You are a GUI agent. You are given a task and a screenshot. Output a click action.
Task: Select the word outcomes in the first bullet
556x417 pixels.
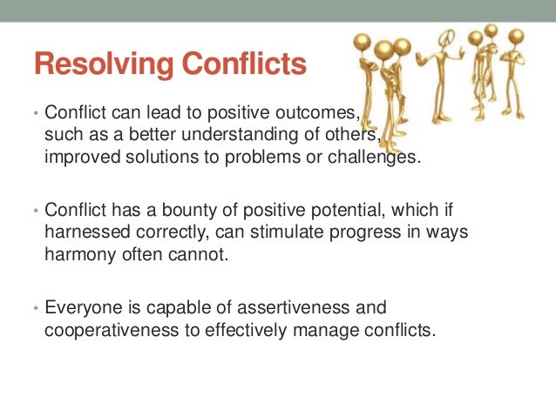pyautogui.click(x=318, y=113)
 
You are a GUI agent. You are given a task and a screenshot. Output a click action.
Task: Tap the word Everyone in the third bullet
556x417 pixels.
pyautogui.click(x=78, y=307)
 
